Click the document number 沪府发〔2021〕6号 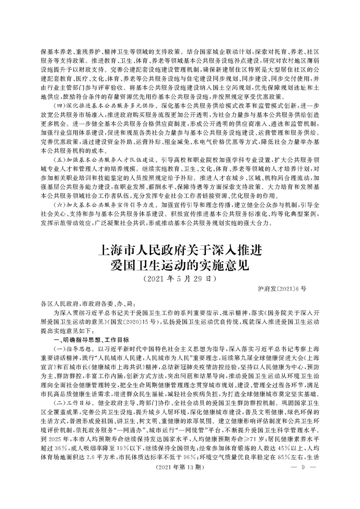(x=283, y=288)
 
